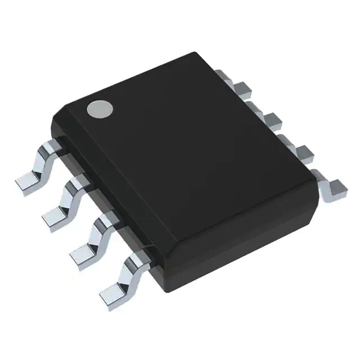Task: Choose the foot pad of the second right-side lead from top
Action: tap(274, 119)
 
